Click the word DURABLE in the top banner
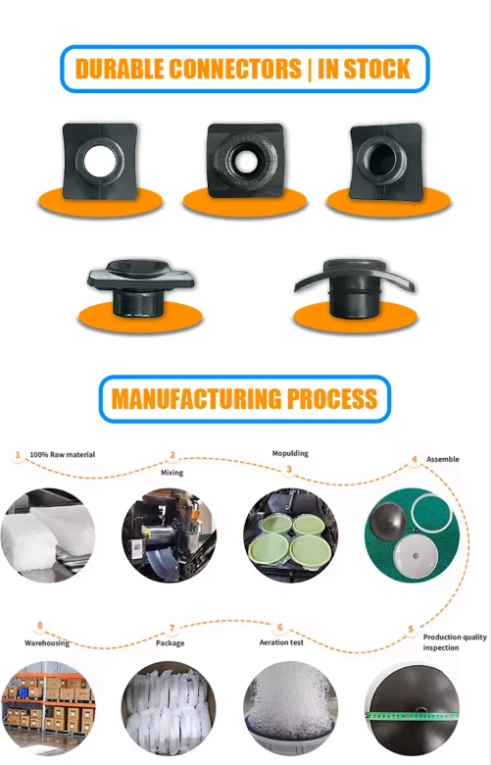pos(120,69)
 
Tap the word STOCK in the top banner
pos(376,69)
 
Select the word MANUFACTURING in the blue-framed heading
pos(196,398)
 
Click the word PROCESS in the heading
pos(332,398)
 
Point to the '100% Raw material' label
pos(63,455)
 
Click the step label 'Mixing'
pos(172,473)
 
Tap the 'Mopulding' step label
pos(290,453)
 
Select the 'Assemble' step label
pos(443,459)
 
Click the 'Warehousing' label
pos(47,643)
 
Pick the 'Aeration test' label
pos(281,642)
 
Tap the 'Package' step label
pos(171,643)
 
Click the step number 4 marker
pos(415,459)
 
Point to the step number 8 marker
pos(40,626)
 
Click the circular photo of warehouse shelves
pos(48,708)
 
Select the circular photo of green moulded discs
pos(291,535)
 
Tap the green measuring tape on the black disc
pos(413,716)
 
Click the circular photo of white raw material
pos(48,535)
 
